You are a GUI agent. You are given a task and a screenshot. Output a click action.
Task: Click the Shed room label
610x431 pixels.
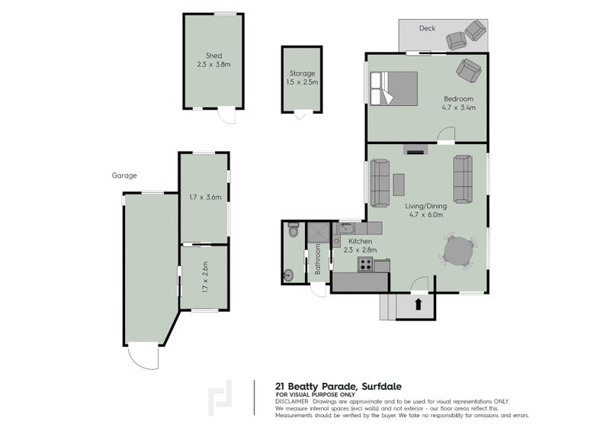point(213,56)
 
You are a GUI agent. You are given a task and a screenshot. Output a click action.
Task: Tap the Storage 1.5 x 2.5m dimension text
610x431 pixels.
point(302,82)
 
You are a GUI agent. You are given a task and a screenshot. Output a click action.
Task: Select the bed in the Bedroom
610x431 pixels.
point(393,88)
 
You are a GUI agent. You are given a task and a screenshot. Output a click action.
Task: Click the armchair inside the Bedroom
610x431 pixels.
point(469,70)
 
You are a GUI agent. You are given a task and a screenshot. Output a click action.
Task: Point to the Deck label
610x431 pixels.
point(427,28)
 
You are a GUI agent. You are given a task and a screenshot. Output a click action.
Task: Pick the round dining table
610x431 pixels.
point(459,251)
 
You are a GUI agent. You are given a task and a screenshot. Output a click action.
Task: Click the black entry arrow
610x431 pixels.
point(418,304)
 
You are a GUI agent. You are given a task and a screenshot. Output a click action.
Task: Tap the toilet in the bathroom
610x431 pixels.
point(293,230)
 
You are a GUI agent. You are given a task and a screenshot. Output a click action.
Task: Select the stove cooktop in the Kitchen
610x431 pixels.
point(365,265)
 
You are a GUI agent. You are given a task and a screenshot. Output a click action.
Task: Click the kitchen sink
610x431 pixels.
point(345,229)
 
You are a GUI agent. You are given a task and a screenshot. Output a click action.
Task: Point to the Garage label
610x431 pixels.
point(124,175)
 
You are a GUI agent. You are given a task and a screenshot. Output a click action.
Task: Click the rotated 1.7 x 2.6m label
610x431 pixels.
point(205,276)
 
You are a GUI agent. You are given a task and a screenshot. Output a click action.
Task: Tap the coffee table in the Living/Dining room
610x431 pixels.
point(398,185)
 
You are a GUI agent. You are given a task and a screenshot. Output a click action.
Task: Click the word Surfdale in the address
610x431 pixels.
point(382,387)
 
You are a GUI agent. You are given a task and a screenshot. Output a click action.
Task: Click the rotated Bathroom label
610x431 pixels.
point(317,259)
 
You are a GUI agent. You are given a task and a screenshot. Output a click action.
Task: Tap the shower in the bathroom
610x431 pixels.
point(318,232)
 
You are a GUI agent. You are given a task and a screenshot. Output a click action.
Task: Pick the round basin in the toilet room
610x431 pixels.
point(289,275)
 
